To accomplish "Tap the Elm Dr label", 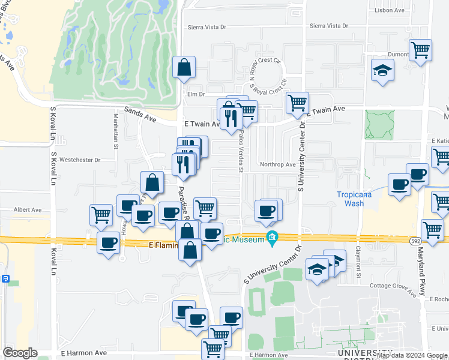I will [x=196, y=94].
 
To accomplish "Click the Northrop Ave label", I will [x=277, y=164].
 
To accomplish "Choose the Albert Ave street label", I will [x=28, y=210].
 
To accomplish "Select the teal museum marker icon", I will [x=273, y=239].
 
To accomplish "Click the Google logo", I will [x=20, y=353].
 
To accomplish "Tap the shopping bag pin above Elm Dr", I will [x=184, y=68].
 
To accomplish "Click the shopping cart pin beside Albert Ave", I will [x=101, y=215].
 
